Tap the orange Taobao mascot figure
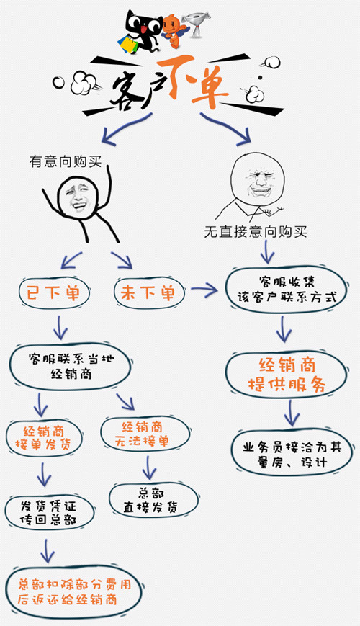click(174, 30)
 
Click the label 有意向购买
click(66, 161)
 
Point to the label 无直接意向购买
click(256, 231)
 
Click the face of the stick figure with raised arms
click(78, 197)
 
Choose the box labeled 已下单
click(53, 293)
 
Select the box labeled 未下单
click(148, 293)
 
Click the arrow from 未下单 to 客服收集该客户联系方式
click(204, 290)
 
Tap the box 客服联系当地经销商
click(71, 366)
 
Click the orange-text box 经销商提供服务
click(286, 375)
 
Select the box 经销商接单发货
click(44, 438)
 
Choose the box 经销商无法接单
click(145, 434)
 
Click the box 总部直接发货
click(153, 500)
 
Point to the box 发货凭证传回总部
click(50, 513)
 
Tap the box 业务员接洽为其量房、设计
click(292, 453)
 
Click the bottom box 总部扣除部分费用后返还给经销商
click(74, 591)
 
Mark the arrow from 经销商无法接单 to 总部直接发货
click(149, 468)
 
